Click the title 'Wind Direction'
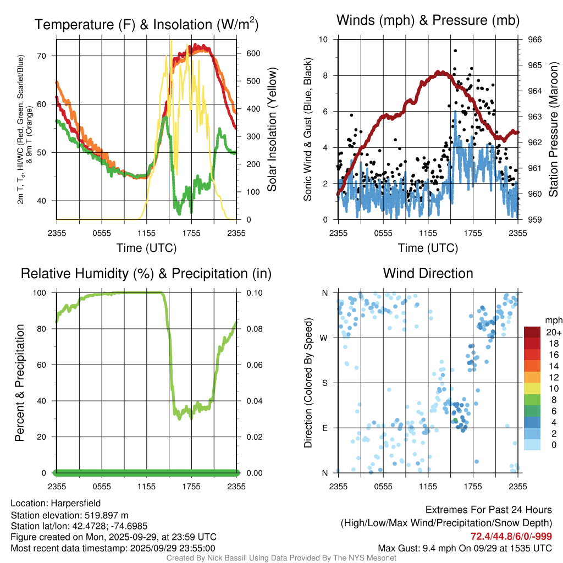point(428,273)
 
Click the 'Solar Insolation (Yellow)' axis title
point(272,130)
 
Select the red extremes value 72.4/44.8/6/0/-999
point(511,536)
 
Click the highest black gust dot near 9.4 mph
point(455,51)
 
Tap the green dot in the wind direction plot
point(455,421)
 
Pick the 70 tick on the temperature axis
point(47,56)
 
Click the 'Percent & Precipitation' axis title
point(20,383)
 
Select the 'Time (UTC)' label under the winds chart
point(428,248)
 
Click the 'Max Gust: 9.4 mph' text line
point(465,548)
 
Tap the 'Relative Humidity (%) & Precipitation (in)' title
point(146,273)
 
